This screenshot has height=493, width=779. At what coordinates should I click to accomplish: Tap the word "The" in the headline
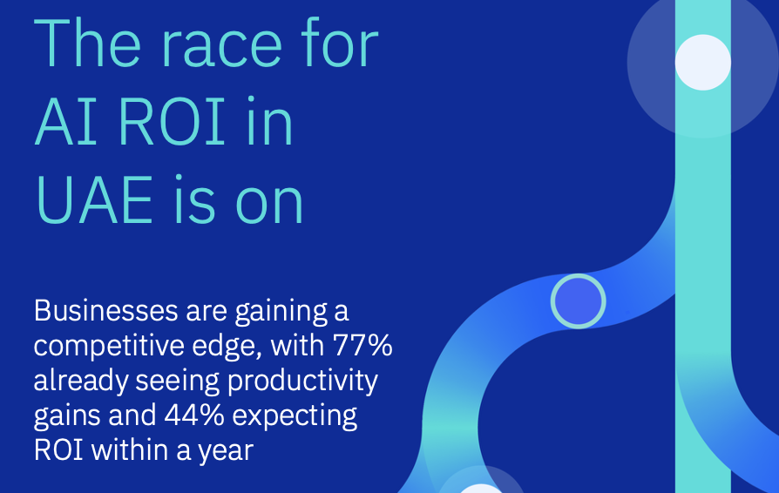pos(87,42)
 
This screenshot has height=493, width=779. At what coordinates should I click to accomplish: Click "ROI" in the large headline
pos(172,121)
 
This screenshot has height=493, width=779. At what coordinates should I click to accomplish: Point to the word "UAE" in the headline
pos(94,199)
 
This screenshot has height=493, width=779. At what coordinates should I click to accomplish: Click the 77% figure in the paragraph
pos(362,345)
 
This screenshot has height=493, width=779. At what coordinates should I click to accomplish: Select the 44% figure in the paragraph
pos(194,415)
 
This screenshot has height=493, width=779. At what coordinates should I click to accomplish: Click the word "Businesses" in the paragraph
pos(105,311)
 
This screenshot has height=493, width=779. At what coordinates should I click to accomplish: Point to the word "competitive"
pos(109,346)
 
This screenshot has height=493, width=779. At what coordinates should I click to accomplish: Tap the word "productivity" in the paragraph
pos(302,382)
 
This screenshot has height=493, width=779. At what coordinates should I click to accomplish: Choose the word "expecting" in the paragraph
pos(295,416)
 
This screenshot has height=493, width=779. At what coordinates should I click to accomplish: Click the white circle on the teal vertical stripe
pos(703,62)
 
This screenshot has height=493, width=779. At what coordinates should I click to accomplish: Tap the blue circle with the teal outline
pos(579,301)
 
